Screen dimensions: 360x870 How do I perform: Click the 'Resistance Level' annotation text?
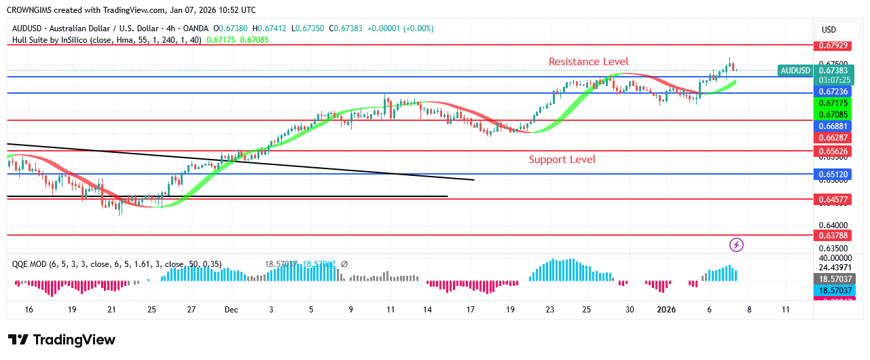click(x=588, y=62)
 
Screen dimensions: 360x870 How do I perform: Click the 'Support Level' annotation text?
click(x=562, y=160)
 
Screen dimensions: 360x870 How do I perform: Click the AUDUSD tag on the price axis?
click(x=795, y=71)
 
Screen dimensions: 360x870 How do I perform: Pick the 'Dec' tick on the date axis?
click(x=232, y=310)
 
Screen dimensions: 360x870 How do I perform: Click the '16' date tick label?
click(x=29, y=310)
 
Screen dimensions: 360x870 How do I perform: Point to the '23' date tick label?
click(x=549, y=310)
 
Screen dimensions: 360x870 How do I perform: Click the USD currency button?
click(x=829, y=30)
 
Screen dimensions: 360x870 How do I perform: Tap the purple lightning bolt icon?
click(x=736, y=245)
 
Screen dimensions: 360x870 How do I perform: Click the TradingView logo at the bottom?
click(x=62, y=340)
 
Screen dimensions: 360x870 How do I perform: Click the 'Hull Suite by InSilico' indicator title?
click(x=58, y=39)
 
